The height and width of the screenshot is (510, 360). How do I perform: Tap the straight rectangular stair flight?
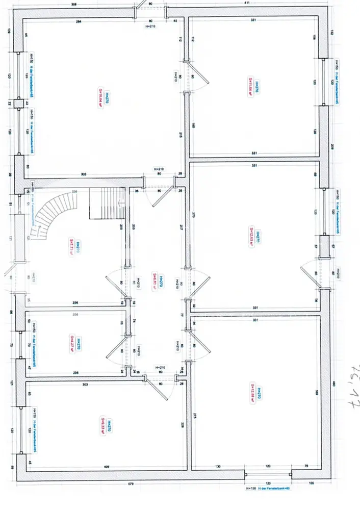click(x=107, y=202)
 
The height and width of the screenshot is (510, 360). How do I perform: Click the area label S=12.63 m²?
click(x=251, y=236)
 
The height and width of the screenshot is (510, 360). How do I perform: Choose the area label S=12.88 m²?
click(x=252, y=393)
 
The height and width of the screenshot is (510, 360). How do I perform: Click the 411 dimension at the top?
click(x=247, y=4)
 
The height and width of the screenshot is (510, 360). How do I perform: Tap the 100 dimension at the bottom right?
click(x=311, y=483)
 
